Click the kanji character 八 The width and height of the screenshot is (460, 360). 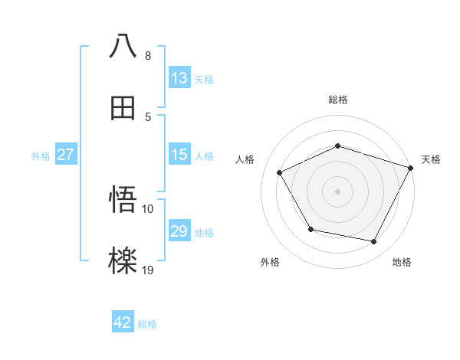(x=123, y=46)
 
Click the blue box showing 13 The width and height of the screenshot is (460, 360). (x=179, y=77)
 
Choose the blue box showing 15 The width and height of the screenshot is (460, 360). (x=179, y=155)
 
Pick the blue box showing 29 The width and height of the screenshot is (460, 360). (x=179, y=231)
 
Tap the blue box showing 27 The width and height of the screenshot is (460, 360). (x=65, y=155)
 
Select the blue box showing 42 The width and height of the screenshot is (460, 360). (x=123, y=322)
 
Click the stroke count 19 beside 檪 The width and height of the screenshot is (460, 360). (x=147, y=269)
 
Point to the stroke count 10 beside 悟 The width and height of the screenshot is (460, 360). (x=147, y=208)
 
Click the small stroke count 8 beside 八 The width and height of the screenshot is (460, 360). (x=147, y=56)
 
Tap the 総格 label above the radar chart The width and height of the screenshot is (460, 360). (x=337, y=100)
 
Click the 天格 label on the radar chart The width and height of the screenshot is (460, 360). (x=432, y=159)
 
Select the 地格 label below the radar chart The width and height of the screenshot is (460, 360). (x=402, y=262)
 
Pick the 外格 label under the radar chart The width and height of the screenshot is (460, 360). (x=270, y=262)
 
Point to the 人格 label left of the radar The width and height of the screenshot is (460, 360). (x=245, y=159)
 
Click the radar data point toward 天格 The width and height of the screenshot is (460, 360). (x=412, y=167)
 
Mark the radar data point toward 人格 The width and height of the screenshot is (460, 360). (x=280, y=173)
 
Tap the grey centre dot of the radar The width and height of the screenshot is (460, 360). (x=337, y=191)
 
